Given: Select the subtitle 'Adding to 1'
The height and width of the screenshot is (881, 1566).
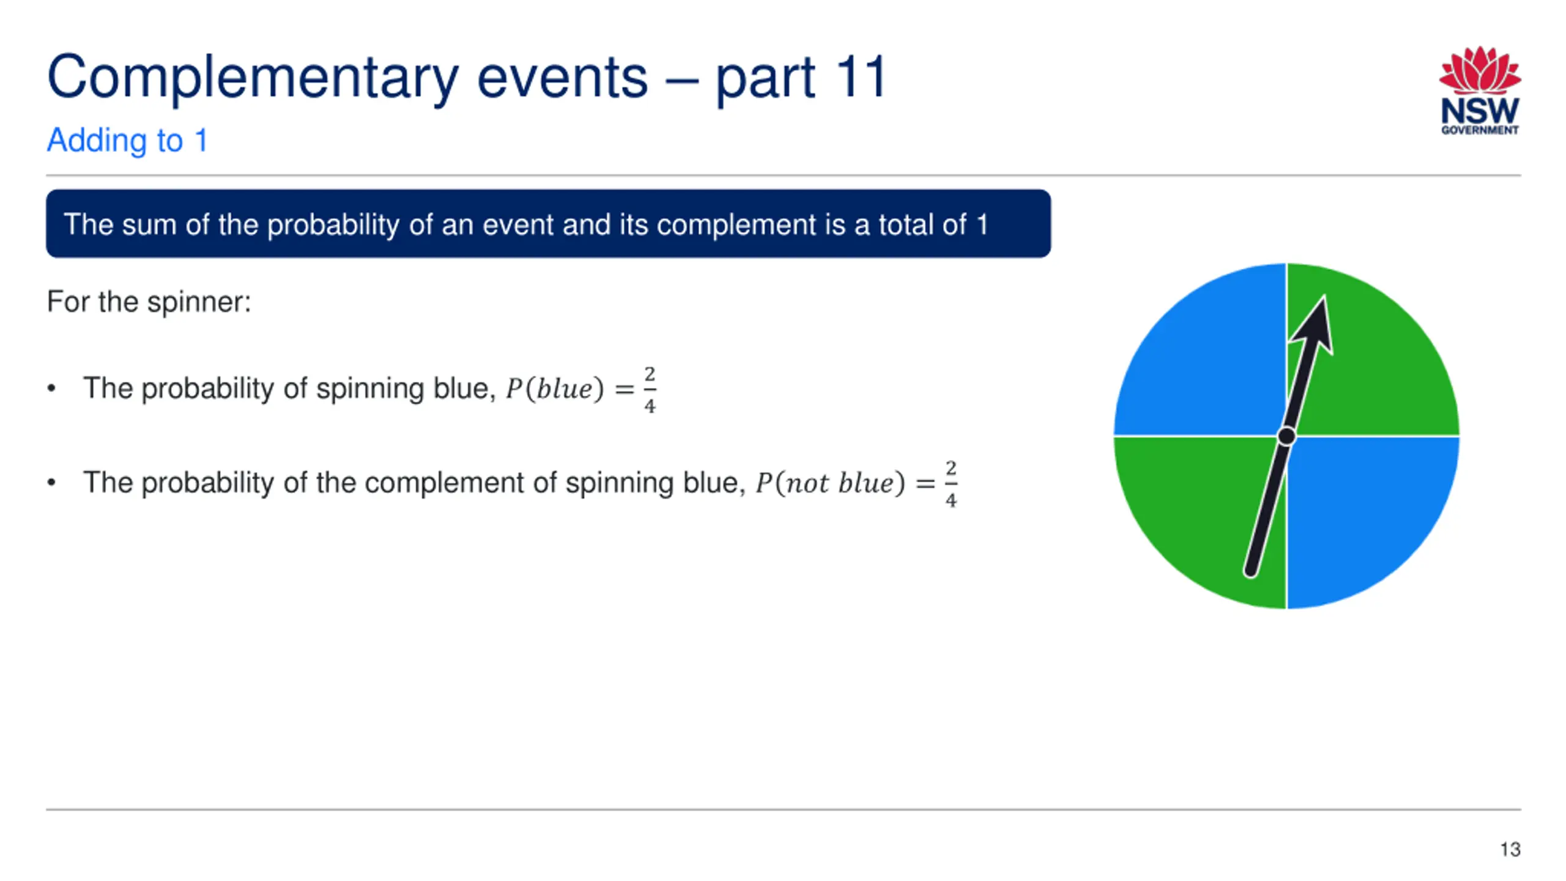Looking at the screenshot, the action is click(127, 141).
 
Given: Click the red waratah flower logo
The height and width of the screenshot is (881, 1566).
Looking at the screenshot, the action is click(1480, 70).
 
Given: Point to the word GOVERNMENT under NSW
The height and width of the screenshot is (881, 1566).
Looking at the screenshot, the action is click(1480, 130).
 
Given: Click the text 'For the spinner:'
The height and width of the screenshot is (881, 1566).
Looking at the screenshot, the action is click(149, 302).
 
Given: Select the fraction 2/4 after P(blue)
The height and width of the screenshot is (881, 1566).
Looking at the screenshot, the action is click(650, 390).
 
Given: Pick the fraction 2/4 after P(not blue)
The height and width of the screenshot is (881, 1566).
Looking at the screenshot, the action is click(951, 484).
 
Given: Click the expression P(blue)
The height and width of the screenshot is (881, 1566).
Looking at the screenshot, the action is click(555, 389).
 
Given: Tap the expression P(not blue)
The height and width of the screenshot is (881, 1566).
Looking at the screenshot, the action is click(830, 483).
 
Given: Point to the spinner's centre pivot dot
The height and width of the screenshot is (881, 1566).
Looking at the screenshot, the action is click(1286, 437).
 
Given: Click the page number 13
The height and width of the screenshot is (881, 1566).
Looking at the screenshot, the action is click(1510, 849).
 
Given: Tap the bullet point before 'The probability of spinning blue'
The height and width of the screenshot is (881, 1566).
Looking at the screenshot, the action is click(51, 388).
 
